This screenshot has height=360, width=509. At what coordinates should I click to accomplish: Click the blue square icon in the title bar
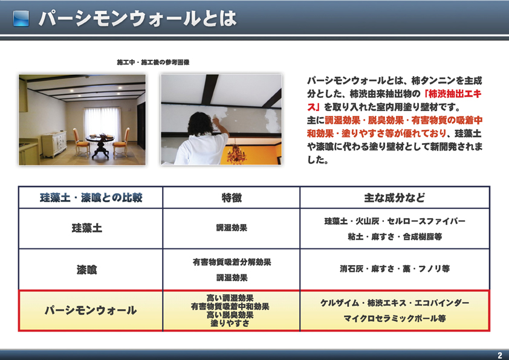[x=21, y=19]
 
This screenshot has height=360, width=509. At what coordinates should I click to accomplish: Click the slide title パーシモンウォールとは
[x=138, y=19]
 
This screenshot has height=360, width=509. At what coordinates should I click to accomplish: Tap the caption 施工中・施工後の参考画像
[x=153, y=62]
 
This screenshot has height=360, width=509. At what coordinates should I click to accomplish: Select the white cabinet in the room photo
[x=54, y=144]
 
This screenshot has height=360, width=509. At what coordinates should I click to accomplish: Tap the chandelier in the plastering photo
[x=236, y=153]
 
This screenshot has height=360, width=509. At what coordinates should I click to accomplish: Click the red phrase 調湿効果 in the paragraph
[x=343, y=120]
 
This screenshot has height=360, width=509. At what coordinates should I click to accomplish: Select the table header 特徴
[x=232, y=198]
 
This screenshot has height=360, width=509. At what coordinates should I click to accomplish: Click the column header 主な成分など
[x=394, y=198]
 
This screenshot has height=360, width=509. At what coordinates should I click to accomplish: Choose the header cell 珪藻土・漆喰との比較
[x=91, y=198]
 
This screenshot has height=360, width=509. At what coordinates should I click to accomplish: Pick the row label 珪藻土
[x=87, y=228]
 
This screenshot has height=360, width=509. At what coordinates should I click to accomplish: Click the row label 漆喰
[x=86, y=269]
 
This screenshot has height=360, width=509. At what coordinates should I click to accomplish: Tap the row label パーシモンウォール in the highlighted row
[x=91, y=310]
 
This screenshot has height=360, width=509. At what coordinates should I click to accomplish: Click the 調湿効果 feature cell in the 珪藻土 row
[x=232, y=228]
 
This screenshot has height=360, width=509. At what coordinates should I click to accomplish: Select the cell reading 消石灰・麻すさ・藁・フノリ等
[x=395, y=269]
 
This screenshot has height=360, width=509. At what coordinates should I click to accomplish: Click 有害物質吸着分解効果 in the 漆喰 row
[x=232, y=262]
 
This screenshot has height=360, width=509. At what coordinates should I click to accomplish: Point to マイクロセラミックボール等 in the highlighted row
[x=395, y=318]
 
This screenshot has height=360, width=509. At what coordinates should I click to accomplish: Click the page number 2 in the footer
[x=500, y=355]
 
